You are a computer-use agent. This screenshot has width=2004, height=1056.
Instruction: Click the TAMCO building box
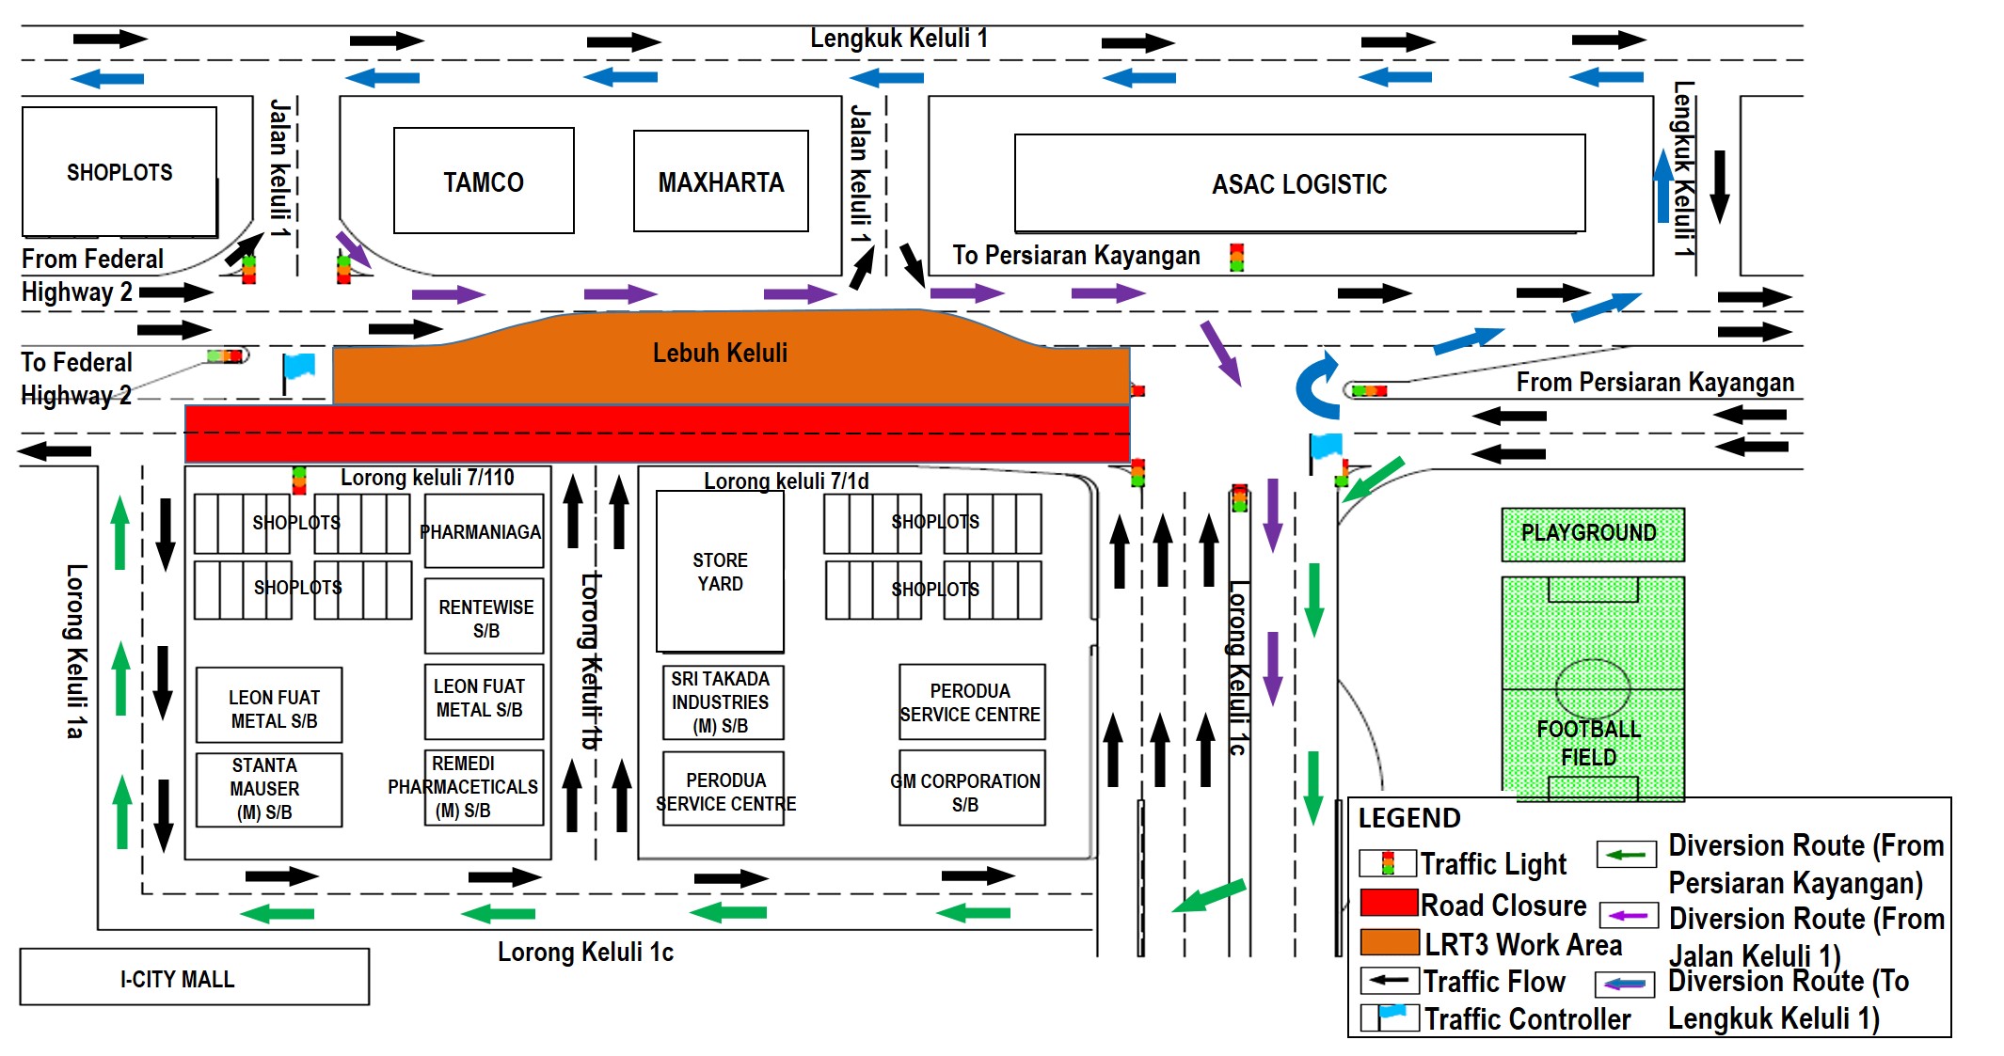click(x=484, y=181)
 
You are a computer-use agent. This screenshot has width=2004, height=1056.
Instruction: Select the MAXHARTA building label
click(x=721, y=181)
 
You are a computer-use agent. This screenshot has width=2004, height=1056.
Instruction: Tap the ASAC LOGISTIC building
click(x=1299, y=183)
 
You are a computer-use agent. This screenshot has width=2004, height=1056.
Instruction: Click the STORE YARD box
click(x=720, y=572)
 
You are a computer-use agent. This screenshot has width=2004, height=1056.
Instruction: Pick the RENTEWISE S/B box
click(x=485, y=618)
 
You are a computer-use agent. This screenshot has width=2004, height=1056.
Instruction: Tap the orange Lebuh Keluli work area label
click(x=721, y=354)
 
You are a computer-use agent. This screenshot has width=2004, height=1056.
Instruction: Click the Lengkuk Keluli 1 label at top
click(x=899, y=39)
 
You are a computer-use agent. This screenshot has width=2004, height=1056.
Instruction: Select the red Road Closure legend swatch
click(x=1389, y=904)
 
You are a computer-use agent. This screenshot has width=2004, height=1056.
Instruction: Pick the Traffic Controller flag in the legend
click(x=1392, y=1017)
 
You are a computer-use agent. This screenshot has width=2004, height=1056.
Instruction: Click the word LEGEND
click(x=1408, y=818)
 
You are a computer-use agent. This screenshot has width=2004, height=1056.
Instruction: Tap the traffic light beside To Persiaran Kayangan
click(x=1236, y=257)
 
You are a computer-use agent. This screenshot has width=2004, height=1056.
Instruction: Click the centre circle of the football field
click(x=1592, y=688)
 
